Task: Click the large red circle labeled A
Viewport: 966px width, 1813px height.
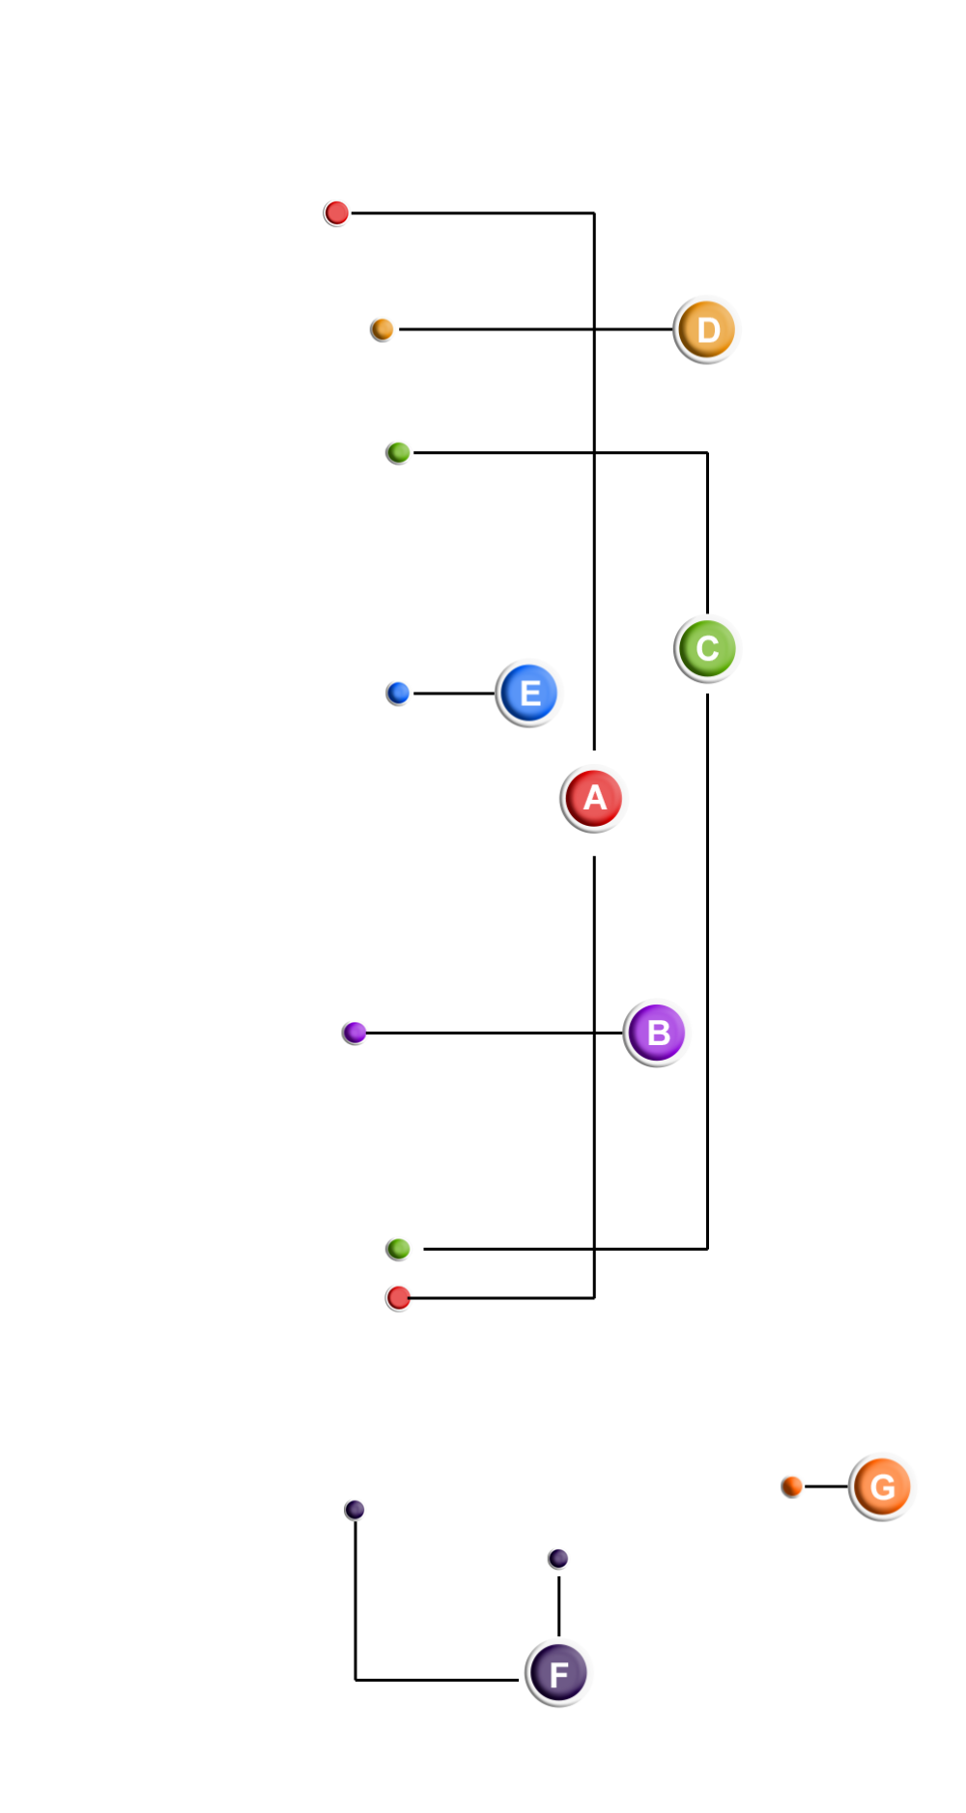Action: click(x=594, y=799)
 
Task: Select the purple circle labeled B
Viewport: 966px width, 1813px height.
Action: click(x=658, y=1033)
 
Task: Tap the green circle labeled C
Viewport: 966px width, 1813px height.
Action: click(x=708, y=648)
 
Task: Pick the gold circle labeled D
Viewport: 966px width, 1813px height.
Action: click(x=707, y=329)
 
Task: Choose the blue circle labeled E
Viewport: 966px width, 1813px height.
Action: click(x=529, y=693)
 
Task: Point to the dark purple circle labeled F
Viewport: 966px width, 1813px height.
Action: click(x=559, y=1673)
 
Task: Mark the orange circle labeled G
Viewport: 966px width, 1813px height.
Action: click(x=883, y=1487)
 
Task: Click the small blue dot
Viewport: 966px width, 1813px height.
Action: click(x=399, y=693)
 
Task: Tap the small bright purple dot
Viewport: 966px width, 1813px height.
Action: click(x=355, y=1033)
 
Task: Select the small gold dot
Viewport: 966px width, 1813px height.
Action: click(x=383, y=329)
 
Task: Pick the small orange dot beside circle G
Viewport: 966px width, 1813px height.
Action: click(x=793, y=1486)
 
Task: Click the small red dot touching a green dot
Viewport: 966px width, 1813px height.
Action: click(x=399, y=1297)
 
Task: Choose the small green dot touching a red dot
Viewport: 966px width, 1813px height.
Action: click(x=399, y=1249)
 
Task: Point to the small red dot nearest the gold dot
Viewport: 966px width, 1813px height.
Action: click(x=337, y=212)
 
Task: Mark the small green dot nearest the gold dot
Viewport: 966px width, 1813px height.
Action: click(x=399, y=452)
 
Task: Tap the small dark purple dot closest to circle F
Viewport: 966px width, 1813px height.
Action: click(x=558, y=1558)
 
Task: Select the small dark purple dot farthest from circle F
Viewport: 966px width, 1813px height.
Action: click(x=355, y=1510)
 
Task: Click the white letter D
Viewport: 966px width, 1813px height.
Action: click(x=708, y=330)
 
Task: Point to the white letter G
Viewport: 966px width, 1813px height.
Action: click(x=883, y=1487)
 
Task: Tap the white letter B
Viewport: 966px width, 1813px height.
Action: click(x=659, y=1033)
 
